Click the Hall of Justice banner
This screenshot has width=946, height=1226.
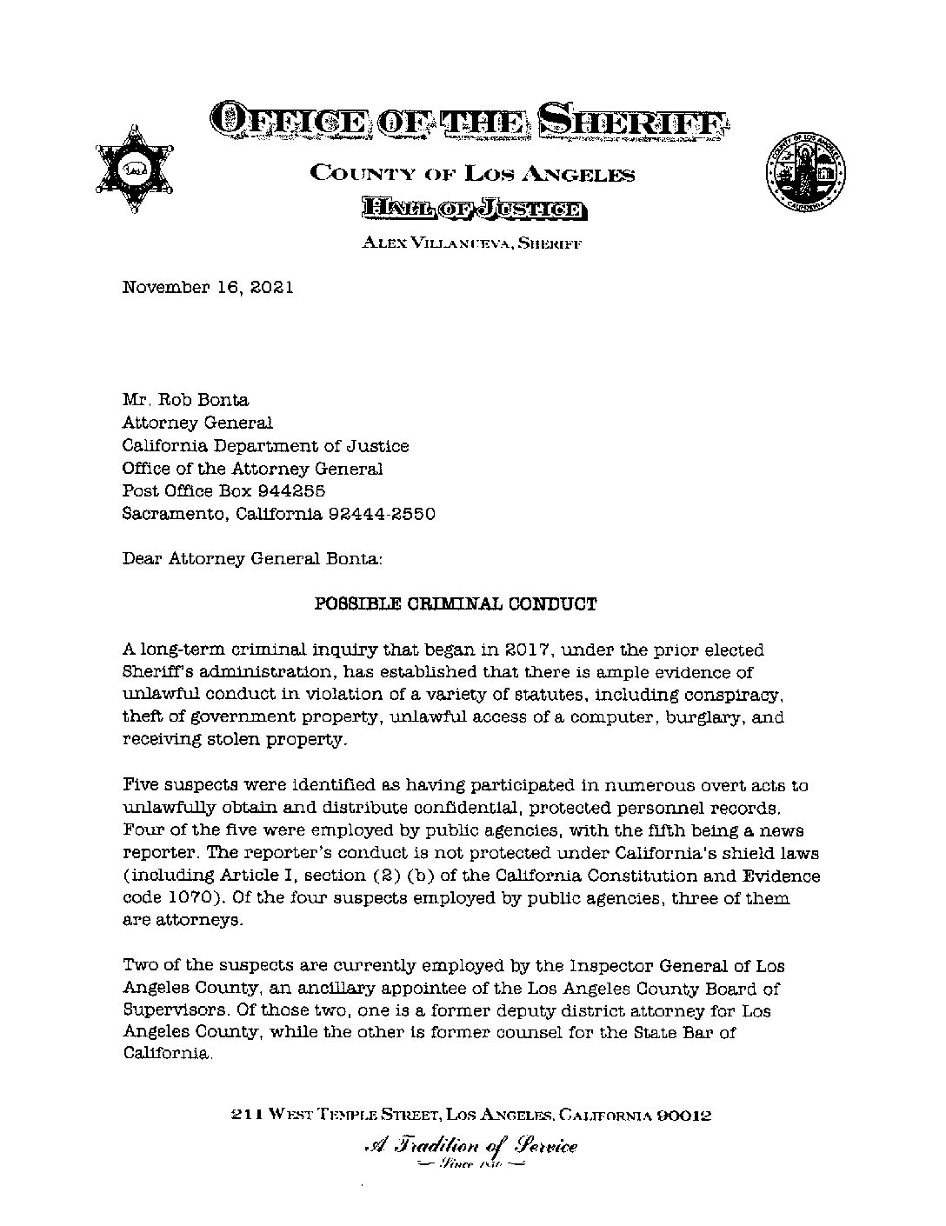(473, 209)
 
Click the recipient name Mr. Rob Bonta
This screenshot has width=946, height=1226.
(185, 401)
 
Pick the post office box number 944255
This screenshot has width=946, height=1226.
(292, 491)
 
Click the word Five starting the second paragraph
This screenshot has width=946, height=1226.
(141, 785)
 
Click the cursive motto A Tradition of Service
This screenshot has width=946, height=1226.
(471, 1147)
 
